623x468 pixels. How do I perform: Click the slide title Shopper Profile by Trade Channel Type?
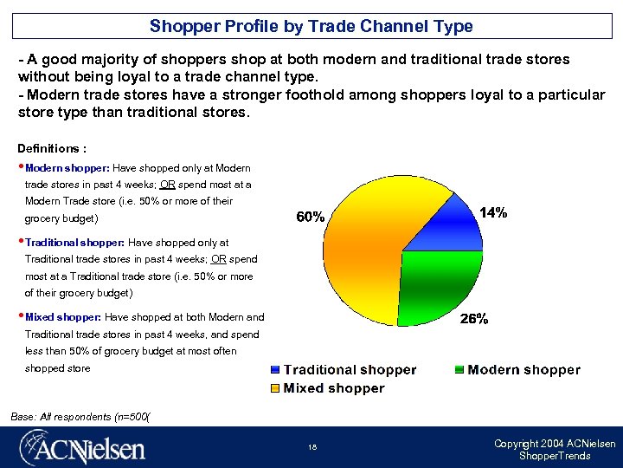(311, 26)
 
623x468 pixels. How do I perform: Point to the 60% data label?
(311, 218)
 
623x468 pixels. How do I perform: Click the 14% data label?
(493, 212)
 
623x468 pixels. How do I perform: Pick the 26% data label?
(473, 319)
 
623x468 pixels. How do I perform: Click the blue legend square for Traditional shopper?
(275, 370)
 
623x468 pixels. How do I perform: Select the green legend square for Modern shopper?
(459, 370)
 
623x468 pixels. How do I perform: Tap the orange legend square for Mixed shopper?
(275, 388)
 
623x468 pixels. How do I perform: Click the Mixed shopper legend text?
(334, 388)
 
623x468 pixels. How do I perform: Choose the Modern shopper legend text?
(523, 370)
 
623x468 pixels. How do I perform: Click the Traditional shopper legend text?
(350, 370)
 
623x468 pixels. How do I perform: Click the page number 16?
(311, 448)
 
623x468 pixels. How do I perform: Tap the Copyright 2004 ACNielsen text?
(555, 444)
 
